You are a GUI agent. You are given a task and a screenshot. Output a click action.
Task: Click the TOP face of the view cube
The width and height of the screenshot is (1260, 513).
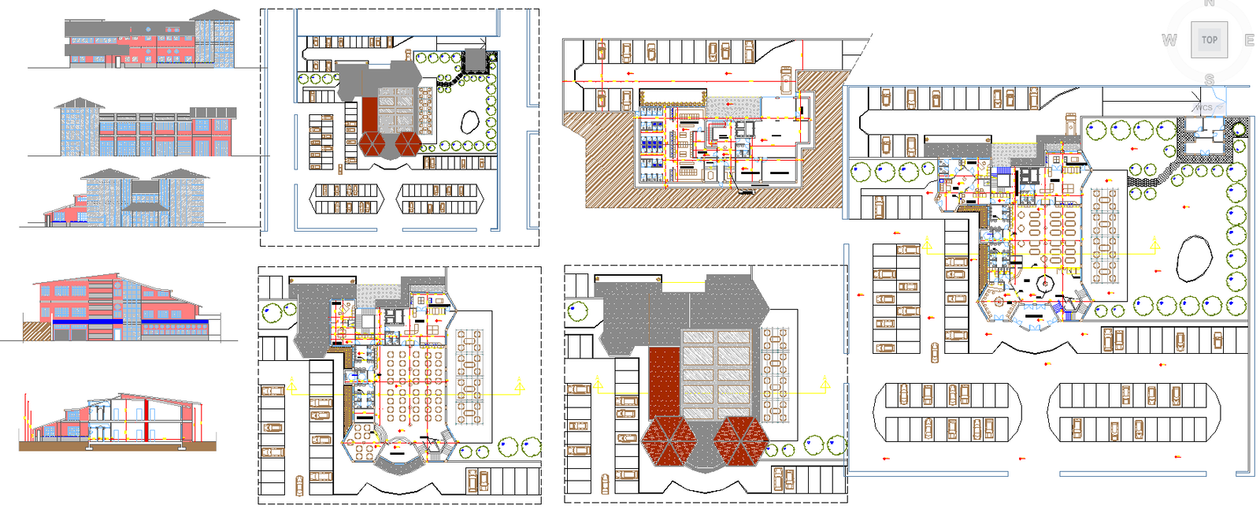1210,39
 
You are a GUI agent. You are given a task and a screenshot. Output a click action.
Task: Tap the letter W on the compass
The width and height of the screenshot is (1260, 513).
1169,40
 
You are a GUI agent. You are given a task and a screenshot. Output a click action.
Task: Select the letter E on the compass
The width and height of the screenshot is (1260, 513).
1249,40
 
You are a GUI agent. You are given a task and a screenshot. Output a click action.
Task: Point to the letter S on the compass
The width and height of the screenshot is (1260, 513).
1210,80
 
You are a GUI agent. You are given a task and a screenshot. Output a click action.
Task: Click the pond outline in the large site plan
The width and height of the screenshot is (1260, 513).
1193,258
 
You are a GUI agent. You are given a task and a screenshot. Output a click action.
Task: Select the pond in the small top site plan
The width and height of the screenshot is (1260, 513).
469,121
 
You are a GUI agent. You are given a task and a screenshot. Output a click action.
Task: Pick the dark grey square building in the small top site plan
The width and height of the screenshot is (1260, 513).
475,60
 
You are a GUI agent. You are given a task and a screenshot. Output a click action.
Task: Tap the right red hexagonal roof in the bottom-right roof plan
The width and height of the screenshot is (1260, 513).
739,440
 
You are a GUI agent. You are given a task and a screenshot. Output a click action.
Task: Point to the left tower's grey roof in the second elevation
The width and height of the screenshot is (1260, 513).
79,103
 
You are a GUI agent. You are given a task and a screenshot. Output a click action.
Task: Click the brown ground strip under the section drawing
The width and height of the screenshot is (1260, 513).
118,446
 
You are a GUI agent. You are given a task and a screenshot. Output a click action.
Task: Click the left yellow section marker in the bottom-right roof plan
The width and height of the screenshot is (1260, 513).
598,385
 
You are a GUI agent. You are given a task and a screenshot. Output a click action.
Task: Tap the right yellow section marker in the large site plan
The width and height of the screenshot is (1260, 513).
1154,245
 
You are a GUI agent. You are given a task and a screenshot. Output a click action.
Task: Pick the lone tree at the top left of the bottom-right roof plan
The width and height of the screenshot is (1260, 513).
577,310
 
